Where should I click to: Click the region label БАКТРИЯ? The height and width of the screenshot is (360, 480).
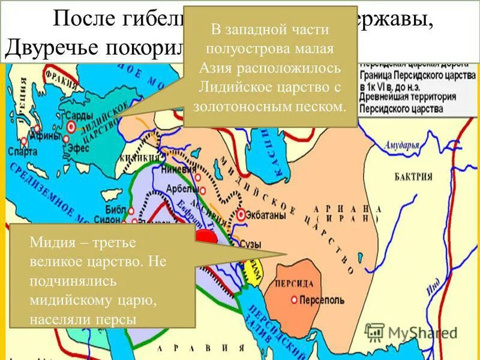(x=413, y=176)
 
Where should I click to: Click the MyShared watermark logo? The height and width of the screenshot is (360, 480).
(x=414, y=331)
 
